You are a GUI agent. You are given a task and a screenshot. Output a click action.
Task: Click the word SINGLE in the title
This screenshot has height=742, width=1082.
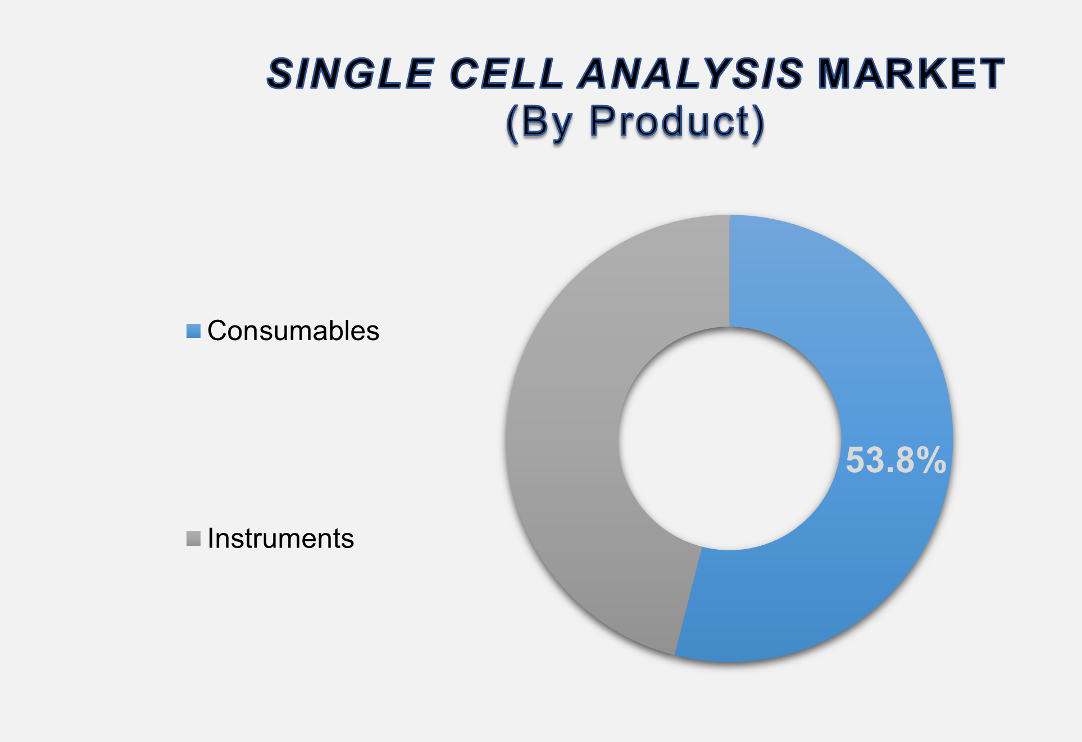pos(350,74)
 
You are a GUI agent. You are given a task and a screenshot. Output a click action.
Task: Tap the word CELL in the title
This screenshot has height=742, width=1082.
pos(507,74)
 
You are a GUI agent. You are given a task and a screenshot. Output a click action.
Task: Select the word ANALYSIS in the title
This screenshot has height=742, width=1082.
pos(692,74)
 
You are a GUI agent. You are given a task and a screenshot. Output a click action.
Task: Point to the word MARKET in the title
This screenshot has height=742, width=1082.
pos(911,74)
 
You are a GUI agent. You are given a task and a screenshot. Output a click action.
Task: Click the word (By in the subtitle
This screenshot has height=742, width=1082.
pos(540,123)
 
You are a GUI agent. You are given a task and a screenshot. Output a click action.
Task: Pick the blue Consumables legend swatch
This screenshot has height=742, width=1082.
pos(193,331)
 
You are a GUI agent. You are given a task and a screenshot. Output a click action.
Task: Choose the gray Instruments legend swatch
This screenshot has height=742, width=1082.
pos(193,539)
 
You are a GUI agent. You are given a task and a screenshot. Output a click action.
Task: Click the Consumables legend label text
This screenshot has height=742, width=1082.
pos(293,331)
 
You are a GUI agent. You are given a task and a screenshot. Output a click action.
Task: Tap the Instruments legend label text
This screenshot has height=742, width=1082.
pos(281,539)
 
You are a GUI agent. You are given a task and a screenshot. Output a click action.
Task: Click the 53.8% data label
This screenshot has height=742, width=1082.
pos(895,460)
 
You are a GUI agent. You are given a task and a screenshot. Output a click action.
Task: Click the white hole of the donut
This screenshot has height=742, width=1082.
pos(730,438)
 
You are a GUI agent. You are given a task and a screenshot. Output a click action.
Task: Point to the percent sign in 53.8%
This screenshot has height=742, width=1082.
pos(930,460)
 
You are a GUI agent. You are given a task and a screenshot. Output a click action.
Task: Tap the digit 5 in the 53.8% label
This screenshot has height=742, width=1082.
pos(856,460)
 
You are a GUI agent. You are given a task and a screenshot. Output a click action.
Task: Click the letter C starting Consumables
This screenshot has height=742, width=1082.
pos(217,331)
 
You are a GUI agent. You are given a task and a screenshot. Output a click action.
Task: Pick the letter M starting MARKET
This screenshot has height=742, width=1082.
pos(835,74)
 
